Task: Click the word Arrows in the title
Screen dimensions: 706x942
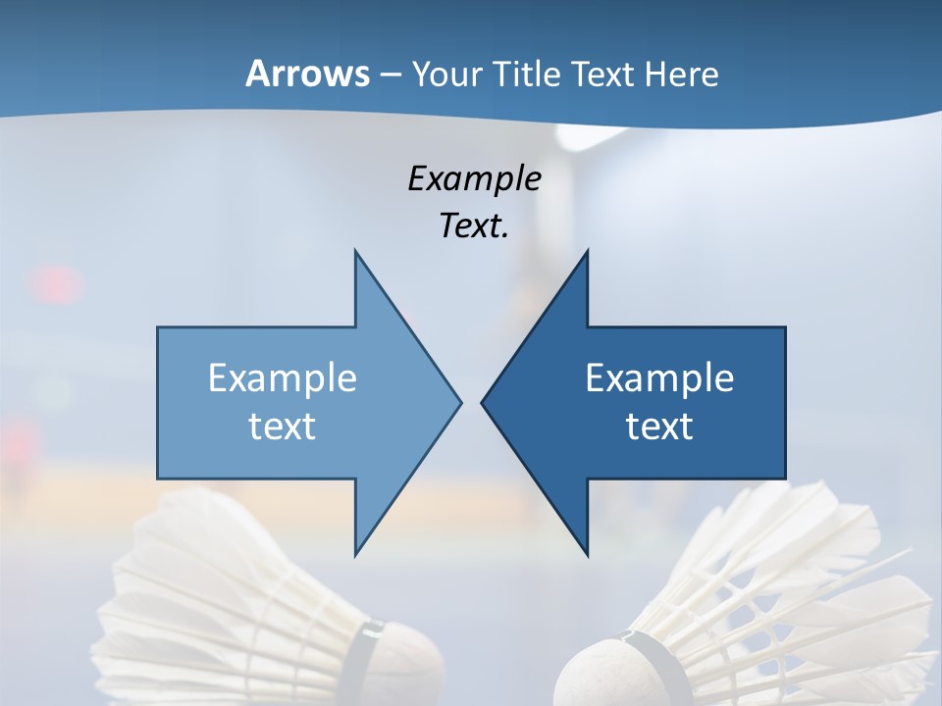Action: click(307, 74)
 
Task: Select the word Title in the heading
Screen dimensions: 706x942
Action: click(533, 74)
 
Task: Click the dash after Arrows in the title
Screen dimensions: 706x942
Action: click(390, 75)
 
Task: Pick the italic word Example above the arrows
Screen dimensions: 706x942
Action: click(474, 178)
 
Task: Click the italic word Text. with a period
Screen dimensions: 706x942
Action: click(474, 226)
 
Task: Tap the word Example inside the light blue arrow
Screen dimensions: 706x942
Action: click(283, 378)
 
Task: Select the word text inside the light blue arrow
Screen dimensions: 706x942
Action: click(283, 426)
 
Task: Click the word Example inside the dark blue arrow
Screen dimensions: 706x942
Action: click(659, 378)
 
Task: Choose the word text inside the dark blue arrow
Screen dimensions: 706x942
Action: click(659, 426)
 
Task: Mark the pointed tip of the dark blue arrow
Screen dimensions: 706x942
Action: click(483, 402)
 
